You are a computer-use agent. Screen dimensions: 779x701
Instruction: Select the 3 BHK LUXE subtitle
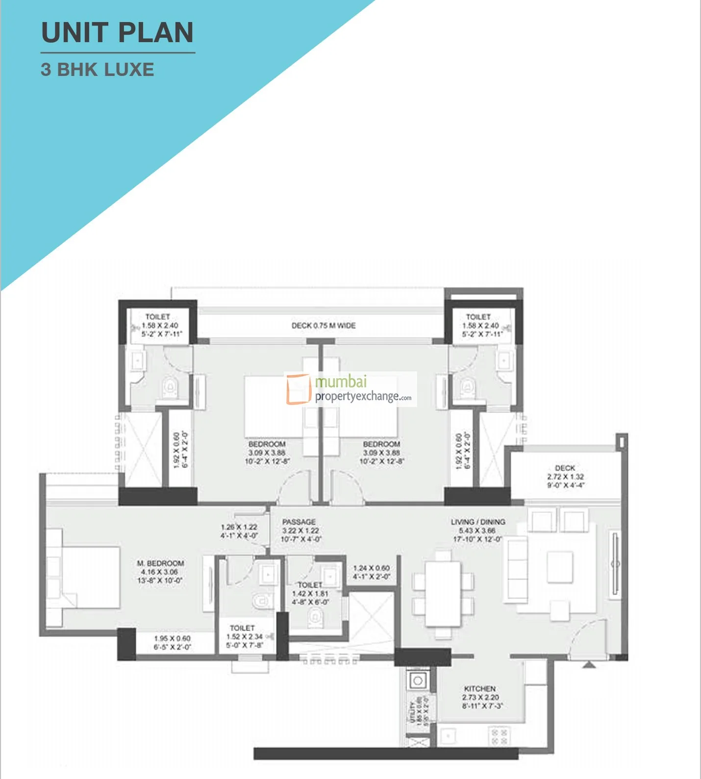pyautogui.click(x=98, y=70)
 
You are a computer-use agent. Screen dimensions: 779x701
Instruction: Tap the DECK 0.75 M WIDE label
pyautogui.click(x=324, y=325)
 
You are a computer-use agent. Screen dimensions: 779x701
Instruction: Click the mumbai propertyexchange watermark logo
pyautogui.click(x=350, y=389)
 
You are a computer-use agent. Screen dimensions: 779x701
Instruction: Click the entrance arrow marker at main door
pyautogui.click(x=589, y=664)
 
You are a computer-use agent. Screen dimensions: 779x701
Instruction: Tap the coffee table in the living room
pyautogui.click(x=559, y=567)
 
